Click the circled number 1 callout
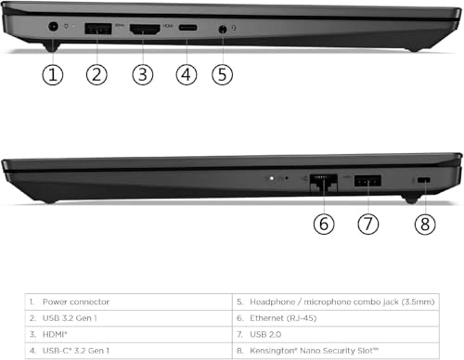pyautogui.click(x=53, y=76)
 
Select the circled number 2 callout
pyautogui.click(x=97, y=76)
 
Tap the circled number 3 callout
pyautogui.click(x=142, y=76)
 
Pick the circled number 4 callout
pyautogui.click(x=187, y=76)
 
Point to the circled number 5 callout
pyautogui.click(x=223, y=76)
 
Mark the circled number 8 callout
pyautogui.click(x=423, y=224)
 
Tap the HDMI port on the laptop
pyautogui.click(x=143, y=30)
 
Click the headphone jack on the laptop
pyautogui.click(x=223, y=30)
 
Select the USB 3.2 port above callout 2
pyautogui.click(x=97, y=30)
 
